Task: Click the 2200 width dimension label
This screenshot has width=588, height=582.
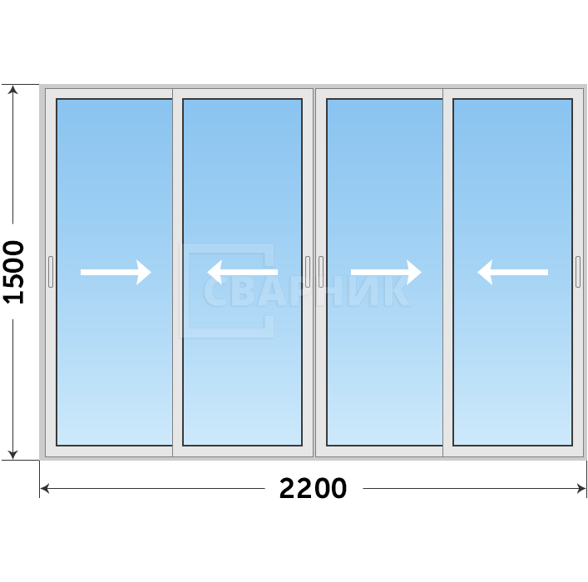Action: tap(313, 488)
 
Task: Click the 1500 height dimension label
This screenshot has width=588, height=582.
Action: tap(13, 272)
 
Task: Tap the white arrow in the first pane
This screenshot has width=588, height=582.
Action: tap(116, 272)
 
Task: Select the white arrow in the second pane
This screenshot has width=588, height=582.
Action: tap(243, 272)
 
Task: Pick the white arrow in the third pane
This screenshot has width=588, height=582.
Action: tap(386, 272)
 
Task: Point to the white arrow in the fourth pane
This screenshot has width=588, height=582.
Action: tap(512, 272)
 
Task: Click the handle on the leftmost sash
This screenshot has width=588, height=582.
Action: tap(51, 272)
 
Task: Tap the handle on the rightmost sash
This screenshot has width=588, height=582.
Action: tap(578, 272)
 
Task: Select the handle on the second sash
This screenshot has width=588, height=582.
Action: tap(308, 272)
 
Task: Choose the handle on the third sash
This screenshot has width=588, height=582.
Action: tap(321, 272)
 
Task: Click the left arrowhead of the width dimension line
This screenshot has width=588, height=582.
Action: tap(44, 488)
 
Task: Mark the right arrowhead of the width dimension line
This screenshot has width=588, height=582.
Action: tap(581, 488)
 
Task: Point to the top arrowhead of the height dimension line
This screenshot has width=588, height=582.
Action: tap(13, 90)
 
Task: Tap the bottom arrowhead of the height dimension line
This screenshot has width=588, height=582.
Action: tap(13, 455)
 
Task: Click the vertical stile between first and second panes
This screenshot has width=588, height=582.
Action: tap(177, 273)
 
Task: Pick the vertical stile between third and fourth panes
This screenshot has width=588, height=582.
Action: tap(447, 273)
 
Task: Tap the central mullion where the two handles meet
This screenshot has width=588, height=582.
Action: tap(314, 273)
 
